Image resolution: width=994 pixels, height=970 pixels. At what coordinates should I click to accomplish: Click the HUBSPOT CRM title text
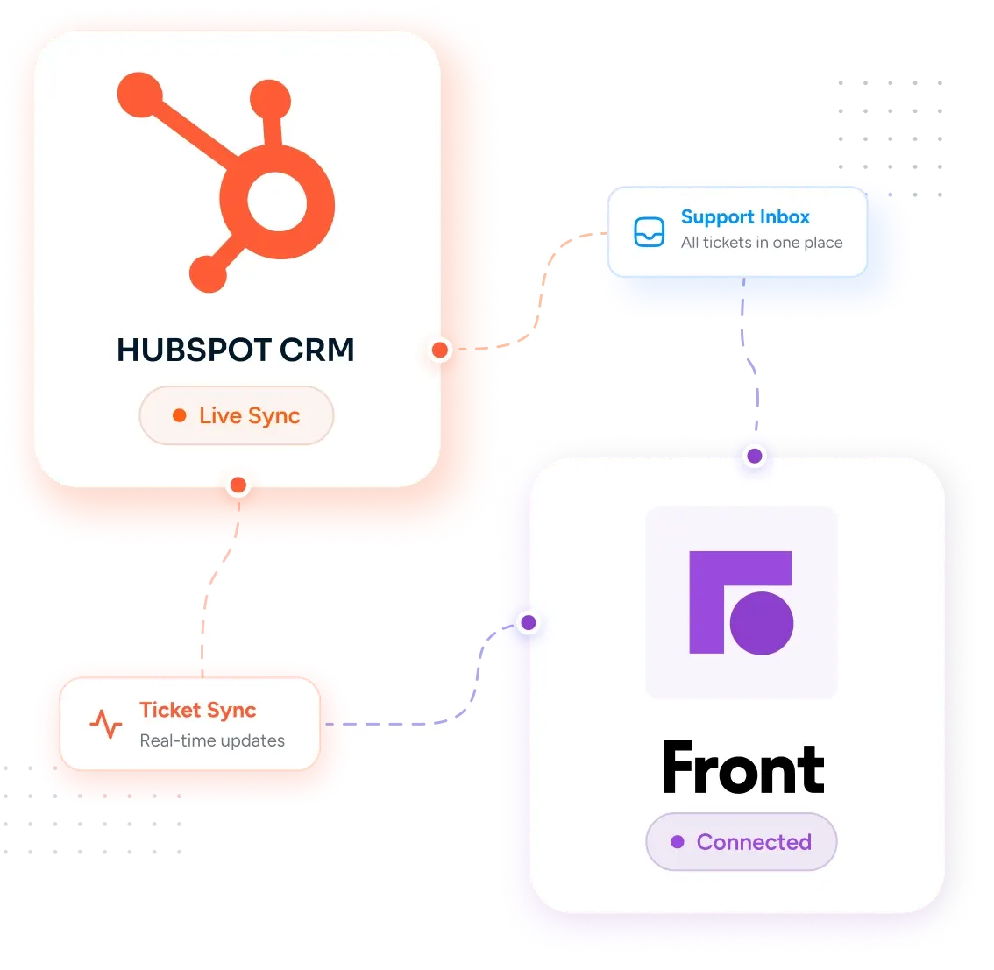click(x=235, y=350)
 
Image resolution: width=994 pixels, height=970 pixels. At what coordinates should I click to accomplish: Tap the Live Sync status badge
click(x=237, y=415)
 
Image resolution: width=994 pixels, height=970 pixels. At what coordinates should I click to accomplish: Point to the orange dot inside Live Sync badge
click(x=180, y=415)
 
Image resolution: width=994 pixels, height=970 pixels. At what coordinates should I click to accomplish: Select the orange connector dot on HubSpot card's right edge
click(x=440, y=350)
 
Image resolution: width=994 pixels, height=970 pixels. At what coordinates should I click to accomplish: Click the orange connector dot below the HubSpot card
click(x=238, y=485)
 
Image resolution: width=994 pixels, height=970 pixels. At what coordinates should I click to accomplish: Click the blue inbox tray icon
click(x=650, y=232)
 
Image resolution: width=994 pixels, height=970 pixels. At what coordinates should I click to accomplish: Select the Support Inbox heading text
click(x=745, y=217)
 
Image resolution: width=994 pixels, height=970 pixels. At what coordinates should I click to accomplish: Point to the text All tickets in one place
click(x=762, y=243)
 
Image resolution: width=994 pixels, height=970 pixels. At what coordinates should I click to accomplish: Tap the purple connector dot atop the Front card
click(x=755, y=456)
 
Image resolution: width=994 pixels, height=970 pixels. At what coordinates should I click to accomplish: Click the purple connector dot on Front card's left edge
click(x=529, y=623)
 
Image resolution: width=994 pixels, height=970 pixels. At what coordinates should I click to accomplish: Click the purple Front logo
click(x=741, y=603)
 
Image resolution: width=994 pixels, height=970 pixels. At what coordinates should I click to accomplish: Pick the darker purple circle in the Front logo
click(x=762, y=623)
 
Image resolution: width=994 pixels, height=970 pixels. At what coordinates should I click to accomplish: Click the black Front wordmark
click(x=743, y=768)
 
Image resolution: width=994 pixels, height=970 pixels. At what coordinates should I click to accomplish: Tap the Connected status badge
click(x=741, y=842)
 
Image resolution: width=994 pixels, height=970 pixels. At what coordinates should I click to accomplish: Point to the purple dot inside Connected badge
click(x=678, y=842)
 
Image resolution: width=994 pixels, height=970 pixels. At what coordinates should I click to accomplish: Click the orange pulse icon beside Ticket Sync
click(x=106, y=724)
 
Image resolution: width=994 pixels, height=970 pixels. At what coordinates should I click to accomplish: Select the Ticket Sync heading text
click(x=198, y=711)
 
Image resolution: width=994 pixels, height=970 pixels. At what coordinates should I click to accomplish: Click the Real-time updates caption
click(x=212, y=740)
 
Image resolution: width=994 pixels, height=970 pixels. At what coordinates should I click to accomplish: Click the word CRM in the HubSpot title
click(x=317, y=350)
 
